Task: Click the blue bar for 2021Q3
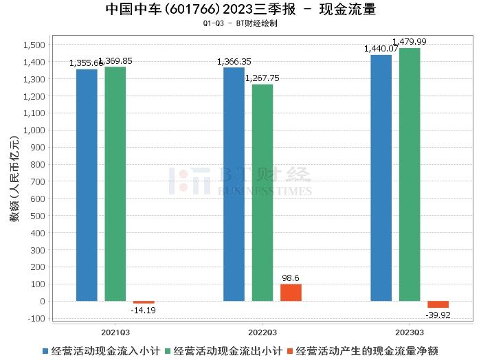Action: (87, 185)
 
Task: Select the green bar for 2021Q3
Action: (115, 183)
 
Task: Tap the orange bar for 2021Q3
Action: (144, 302)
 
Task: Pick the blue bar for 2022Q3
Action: (234, 184)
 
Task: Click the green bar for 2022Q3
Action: (262, 192)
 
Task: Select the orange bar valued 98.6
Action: (291, 293)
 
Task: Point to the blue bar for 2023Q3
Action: (381, 178)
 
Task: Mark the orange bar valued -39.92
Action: (438, 304)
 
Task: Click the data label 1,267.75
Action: (262, 78)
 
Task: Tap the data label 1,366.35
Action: (234, 62)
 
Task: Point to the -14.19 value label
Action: (144, 311)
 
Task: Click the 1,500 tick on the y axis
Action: (34, 45)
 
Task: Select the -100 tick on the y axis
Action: (35, 318)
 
